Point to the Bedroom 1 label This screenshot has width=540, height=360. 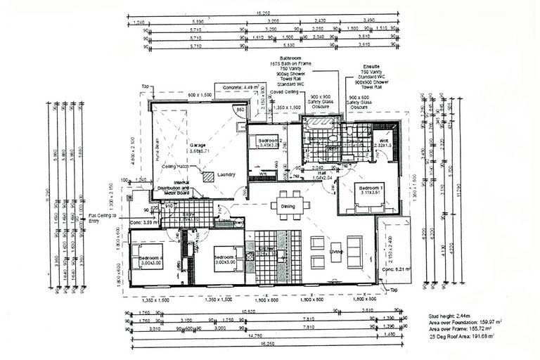click(x=371, y=188)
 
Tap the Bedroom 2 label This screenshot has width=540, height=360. click(x=269, y=141)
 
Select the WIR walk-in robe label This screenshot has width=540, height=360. click(x=385, y=141)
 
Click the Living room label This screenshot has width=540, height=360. click(x=336, y=251)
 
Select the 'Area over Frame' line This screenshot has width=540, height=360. click(x=461, y=330)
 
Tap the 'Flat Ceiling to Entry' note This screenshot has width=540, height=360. click(x=103, y=219)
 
